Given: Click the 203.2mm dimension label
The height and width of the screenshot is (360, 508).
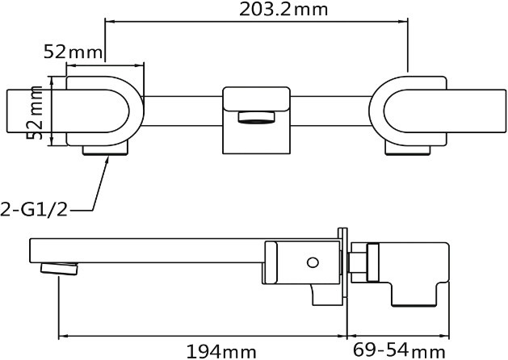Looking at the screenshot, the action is point(283,10).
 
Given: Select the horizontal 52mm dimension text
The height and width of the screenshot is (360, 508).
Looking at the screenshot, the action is point(73,52).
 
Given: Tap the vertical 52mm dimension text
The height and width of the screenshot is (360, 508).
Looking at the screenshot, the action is point(35,113).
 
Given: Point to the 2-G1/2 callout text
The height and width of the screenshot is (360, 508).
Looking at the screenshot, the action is point(34,209).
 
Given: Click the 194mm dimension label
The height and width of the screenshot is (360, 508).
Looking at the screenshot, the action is point(221,351).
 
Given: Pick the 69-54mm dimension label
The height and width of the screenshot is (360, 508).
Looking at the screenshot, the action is point(399,350).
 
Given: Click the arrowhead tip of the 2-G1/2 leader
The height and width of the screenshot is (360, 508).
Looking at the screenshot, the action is point(108,157).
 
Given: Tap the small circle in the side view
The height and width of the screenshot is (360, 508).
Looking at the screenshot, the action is point(313,262).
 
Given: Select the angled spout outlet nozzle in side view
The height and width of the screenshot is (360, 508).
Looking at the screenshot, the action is point(59,269).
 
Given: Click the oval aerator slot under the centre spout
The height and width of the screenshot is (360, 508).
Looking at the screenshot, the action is point(256,117).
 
